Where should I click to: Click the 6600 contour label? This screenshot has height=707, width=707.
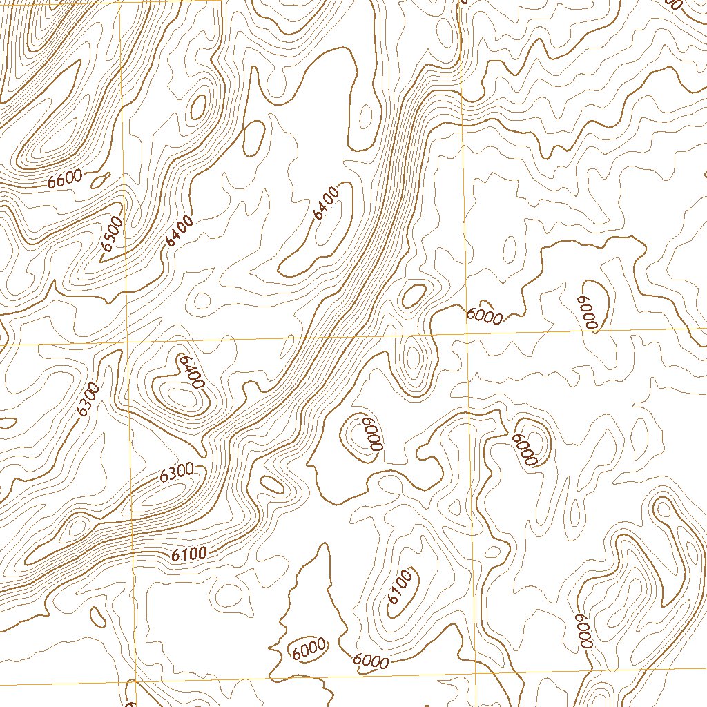(x=66, y=180)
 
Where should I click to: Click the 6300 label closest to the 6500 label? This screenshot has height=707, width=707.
(x=88, y=399)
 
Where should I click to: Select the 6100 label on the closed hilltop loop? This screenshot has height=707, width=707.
(x=400, y=586)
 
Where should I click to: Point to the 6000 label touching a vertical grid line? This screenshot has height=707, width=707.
(x=483, y=313)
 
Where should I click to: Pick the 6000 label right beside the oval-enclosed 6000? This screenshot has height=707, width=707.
(x=370, y=661)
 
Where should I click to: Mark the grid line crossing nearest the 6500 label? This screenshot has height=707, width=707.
(x=127, y=342)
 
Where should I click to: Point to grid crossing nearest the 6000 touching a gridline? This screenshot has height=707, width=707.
(x=468, y=334)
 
